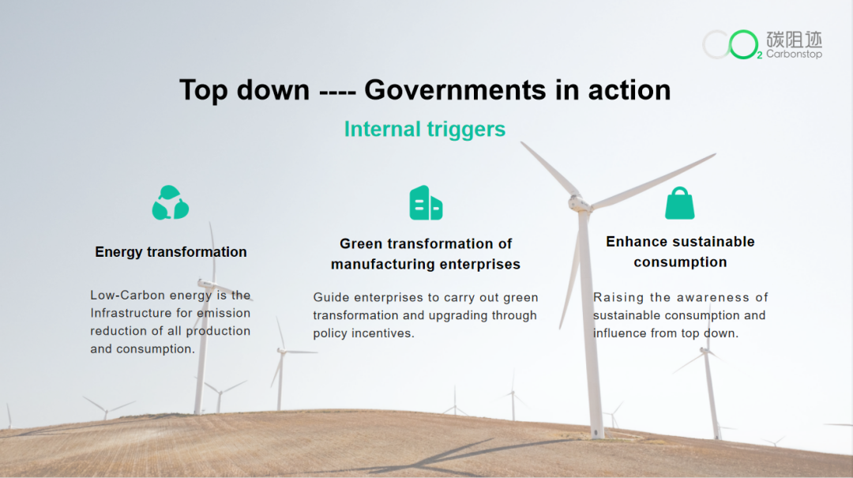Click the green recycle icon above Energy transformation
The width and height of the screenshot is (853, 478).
click(x=171, y=202)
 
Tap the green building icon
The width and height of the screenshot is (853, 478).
click(x=426, y=202)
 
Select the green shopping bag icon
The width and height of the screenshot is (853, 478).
click(x=679, y=203)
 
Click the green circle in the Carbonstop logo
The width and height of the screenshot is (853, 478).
click(x=743, y=45)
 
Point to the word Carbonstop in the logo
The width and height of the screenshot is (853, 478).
click(x=795, y=54)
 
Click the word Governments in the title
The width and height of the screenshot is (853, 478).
click(x=455, y=90)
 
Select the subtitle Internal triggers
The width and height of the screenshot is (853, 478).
click(x=425, y=130)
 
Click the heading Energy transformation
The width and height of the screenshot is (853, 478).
click(x=171, y=252)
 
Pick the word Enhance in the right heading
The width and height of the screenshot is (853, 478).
click(x=635, y=242)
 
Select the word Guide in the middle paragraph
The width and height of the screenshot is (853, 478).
click(x=330, y=298)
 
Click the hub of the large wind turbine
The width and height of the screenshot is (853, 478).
click(x=577, y=203)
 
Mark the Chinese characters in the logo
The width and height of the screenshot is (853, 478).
click(x=795, y=40)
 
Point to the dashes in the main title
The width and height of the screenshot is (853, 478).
click(x=337, y=92)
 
